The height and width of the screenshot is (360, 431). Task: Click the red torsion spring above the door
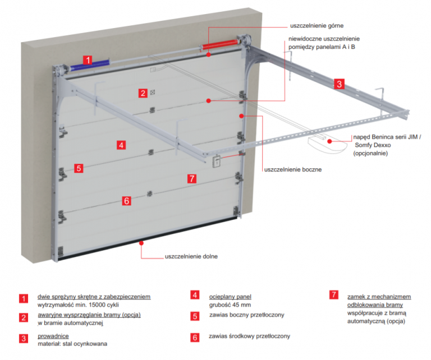(x=219, y=44)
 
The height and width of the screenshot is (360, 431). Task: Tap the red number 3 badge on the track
(x=339, y=84)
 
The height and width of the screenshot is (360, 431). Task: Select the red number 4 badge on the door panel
(x=121, y=145)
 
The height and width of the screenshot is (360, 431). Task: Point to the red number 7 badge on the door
(x=192, y=179)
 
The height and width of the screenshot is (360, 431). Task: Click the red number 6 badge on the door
(x=126, y=201)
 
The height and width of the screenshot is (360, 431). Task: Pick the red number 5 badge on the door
(x=79, y=168)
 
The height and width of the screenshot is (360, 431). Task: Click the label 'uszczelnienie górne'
(x=317, y=26)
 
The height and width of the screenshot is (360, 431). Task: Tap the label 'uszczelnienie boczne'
(x=293, y=170)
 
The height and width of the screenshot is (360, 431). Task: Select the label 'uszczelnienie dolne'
(x=191, y=256)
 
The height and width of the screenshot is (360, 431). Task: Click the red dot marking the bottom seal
(x=141, y=243)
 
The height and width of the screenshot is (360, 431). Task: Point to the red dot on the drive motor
(x=329, y=141)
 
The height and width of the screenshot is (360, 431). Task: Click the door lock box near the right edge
(x=217, y=161)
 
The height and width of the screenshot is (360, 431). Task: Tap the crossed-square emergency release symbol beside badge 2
(x=153, y=93)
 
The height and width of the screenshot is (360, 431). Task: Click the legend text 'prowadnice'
(x=53, y=336)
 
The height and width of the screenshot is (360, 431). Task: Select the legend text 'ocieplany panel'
(x=230, y=297)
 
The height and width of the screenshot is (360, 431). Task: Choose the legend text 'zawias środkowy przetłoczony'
(x=249, y=336)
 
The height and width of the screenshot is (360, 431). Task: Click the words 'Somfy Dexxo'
(x=373, y=145)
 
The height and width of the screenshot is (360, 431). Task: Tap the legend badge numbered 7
(x=334, y=294)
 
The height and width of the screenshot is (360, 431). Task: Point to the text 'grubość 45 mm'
(x=230, y=305)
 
